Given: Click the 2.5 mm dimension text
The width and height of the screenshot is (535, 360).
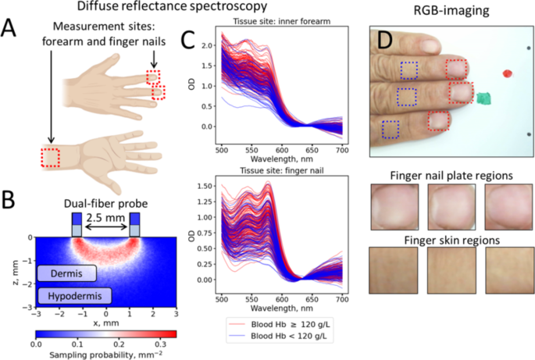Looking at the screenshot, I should (105, 212).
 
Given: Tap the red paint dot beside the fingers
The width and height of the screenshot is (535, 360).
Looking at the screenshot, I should (507, 74).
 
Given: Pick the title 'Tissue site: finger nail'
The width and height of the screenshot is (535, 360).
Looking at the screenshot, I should (280, 169).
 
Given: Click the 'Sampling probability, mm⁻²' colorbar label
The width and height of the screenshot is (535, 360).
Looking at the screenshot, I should (106, 353).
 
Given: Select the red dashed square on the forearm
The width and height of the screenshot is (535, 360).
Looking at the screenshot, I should (52, 159).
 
